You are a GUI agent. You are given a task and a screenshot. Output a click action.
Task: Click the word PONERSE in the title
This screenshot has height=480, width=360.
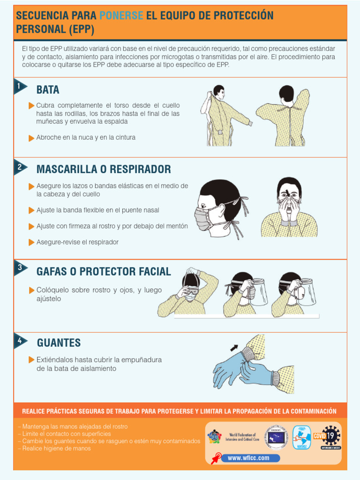click(121, 15)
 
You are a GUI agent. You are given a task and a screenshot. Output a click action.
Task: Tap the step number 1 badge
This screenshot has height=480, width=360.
click(19, 86)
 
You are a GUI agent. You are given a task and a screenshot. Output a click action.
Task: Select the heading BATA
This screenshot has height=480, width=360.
click(48, 90)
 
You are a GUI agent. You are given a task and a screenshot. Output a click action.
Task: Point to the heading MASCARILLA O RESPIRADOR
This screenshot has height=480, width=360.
click(104, 169)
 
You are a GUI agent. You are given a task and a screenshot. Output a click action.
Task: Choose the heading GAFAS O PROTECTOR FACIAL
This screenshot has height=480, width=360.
click(104, 271)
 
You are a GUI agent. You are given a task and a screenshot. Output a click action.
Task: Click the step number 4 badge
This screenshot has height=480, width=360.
click(19, 341)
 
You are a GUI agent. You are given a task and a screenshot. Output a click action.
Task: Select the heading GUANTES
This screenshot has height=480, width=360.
click(59, 343)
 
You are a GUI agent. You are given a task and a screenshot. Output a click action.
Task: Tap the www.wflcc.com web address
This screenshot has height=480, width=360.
click(248, 458)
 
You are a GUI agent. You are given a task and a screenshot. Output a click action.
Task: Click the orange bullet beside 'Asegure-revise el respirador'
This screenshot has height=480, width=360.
click(31, 242)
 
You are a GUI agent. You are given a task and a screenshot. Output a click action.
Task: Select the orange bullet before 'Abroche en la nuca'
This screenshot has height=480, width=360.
click(31, 138)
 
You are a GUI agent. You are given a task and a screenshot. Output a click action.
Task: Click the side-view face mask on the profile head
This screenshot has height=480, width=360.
click(202, 218)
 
